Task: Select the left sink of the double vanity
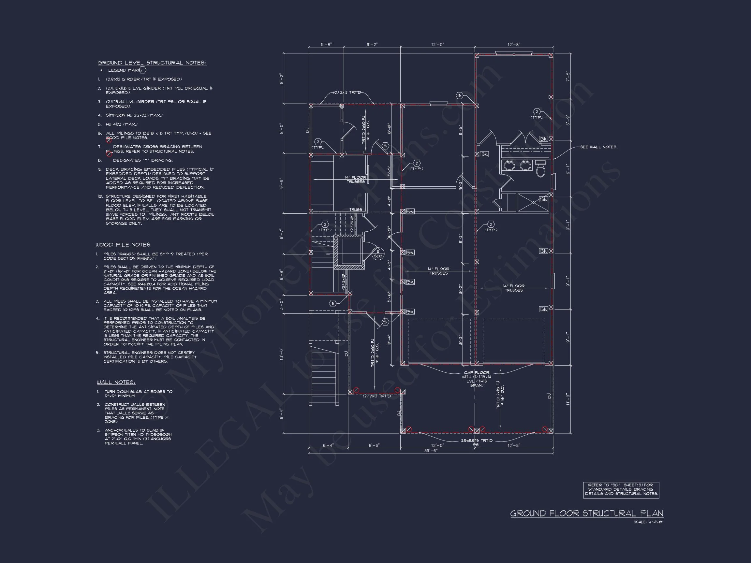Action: point(509,166)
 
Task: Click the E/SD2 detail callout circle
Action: point(377,254)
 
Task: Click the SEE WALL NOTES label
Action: point(598,147)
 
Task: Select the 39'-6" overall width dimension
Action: point(431,451)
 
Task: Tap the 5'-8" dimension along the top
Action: point(326,44)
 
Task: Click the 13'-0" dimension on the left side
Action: point(281,354)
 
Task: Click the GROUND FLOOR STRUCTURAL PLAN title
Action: point(586,513)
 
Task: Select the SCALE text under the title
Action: point(648,522)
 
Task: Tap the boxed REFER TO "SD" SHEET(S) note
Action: point(621,490)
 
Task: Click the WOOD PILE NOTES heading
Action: point(123,245)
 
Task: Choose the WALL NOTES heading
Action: point(116,383)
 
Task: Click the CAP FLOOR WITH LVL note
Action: point(477,379)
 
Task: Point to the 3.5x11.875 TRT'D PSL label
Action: point(476,442)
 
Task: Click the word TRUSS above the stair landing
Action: point(356,210)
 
